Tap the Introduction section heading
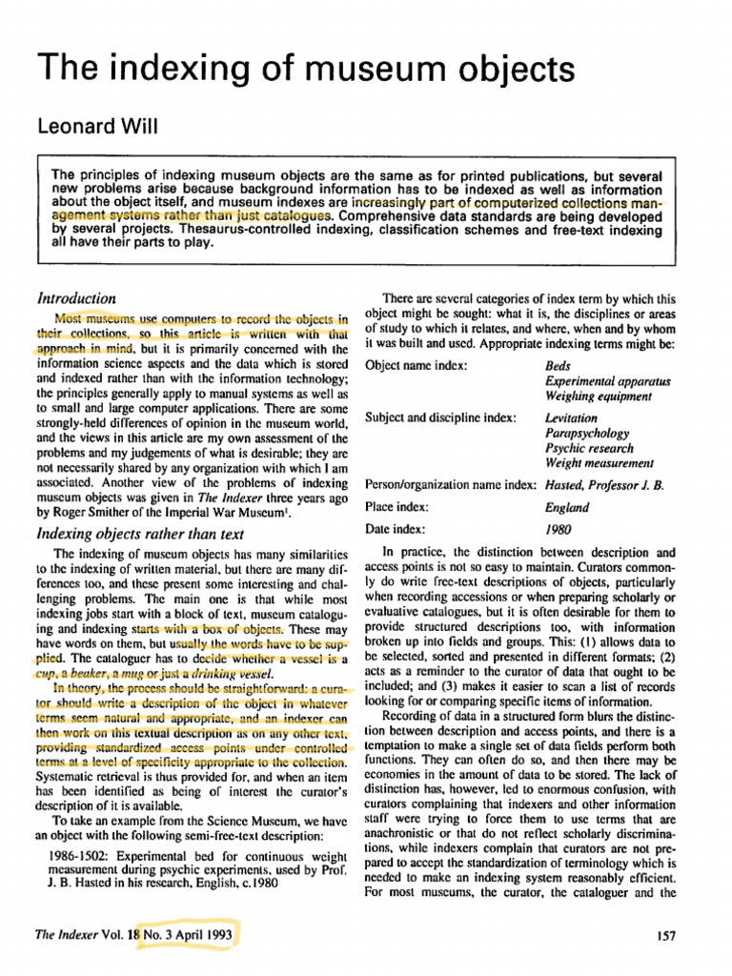coord(75,297)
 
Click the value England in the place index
coord(565,509)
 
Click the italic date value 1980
coord(559,529)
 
